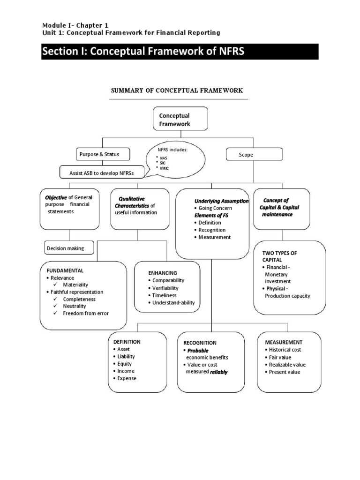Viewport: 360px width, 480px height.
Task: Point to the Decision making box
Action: (68, 248)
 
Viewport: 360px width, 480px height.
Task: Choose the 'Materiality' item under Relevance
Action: (76, 285)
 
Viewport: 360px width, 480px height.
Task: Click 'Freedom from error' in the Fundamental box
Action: (86, 313)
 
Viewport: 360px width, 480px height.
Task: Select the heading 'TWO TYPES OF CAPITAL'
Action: (279, 256)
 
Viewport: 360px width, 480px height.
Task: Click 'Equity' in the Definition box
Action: (125, 364)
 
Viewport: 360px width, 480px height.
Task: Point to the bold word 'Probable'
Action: (198, 350)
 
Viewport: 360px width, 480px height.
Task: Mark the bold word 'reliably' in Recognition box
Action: (218, 372)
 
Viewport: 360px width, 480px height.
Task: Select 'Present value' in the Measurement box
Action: (285, 372)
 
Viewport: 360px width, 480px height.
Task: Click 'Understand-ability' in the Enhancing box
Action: (173, 303)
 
